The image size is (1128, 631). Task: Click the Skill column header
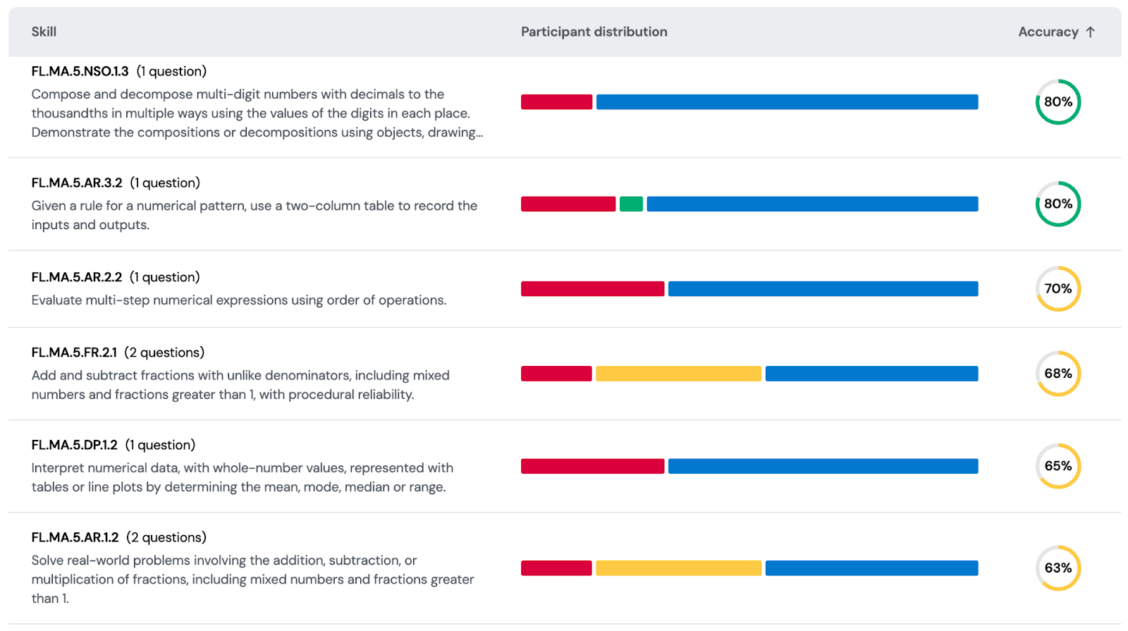click(44, 32)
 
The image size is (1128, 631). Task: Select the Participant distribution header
click(594, 32)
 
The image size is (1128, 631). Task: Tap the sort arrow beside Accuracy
click(1090, 32)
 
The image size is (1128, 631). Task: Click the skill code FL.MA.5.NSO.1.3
click(80, 71)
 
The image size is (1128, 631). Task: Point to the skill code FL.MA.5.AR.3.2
click(77, 183)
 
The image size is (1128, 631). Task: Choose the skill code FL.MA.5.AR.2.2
click(77, 277)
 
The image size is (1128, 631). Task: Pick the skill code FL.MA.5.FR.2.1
click(74, 353)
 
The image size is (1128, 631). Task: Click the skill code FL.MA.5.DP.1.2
click(74, 445)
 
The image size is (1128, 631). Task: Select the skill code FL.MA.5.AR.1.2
click(75, 537)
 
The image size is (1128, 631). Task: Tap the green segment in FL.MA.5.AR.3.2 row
click(631, 204)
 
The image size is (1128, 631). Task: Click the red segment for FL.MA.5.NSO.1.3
click(556, 102)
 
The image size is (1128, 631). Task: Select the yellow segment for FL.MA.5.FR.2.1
click(678, 374)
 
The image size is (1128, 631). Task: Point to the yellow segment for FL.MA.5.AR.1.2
click(678, 568)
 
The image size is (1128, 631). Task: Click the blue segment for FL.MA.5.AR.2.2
click(823, 289)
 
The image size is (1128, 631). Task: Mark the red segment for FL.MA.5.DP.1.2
click(592, 466)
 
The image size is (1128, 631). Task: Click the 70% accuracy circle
click(1057, 289)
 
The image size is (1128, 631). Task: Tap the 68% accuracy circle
click(1057, 374)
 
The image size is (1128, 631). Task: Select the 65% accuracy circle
click(1057, 466)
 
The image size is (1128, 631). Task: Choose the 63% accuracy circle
click(1057, 568)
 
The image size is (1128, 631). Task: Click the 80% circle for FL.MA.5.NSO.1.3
click(1057, 102)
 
